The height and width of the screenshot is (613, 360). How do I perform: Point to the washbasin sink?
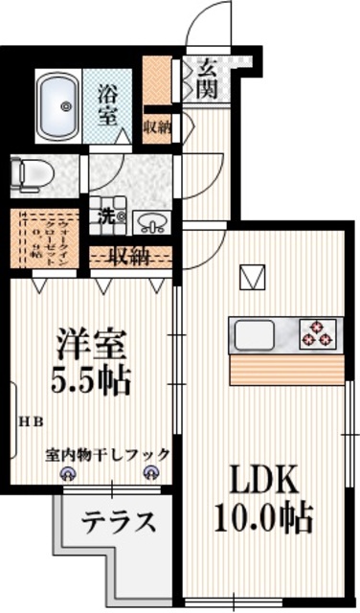click(150, 222)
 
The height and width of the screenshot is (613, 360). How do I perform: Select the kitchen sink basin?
click(251, 335)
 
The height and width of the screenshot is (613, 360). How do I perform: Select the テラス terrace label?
click(118, 522)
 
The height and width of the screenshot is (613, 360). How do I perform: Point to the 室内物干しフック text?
click(108, 454)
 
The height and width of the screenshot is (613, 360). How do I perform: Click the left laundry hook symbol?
click(68, 472)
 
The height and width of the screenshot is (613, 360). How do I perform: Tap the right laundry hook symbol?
click(149, 472)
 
